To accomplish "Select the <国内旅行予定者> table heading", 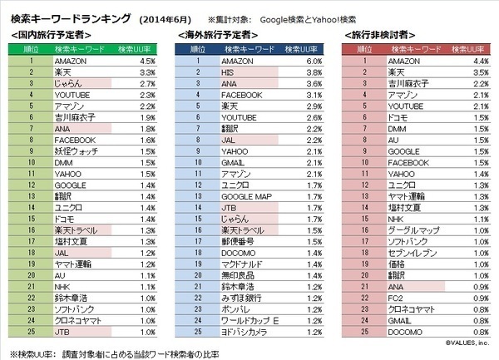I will pyautogui.click(x=50, y=34).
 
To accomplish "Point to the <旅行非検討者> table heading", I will pyautogui.click(x=379, y=34).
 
